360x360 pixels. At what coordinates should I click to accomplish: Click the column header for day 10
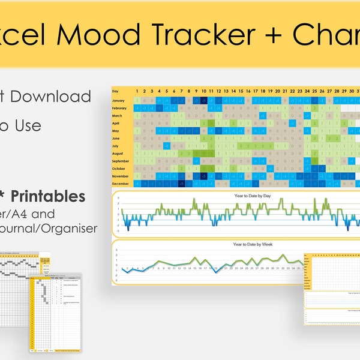204,91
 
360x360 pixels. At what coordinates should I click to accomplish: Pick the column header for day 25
315,91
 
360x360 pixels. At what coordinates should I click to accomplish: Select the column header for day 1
137,91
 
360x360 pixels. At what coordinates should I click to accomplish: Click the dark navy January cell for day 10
204,100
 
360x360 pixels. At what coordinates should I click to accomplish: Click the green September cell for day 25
315,161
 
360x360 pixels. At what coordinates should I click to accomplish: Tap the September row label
122,161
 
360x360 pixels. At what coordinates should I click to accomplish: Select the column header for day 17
256,91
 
